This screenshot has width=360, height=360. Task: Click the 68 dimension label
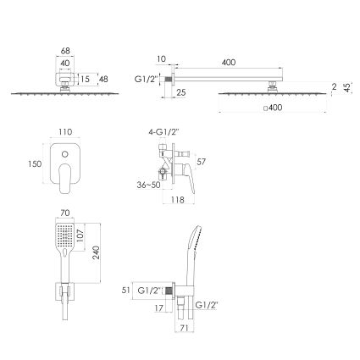click(65, 51)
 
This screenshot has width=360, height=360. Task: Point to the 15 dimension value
click(85, 79)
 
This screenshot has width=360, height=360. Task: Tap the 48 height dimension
click(103, 79)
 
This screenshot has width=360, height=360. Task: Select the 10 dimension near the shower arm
click(161, 59)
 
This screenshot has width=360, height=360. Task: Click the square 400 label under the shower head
click(273, 108)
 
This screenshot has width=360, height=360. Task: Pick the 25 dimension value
click(181, 92)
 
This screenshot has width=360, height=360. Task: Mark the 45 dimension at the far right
click(347, 87)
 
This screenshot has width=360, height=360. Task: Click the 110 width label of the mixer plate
click(65, 132)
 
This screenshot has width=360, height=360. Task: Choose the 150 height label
click(35, 163)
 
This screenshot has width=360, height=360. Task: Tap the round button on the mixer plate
click(65, 154)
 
